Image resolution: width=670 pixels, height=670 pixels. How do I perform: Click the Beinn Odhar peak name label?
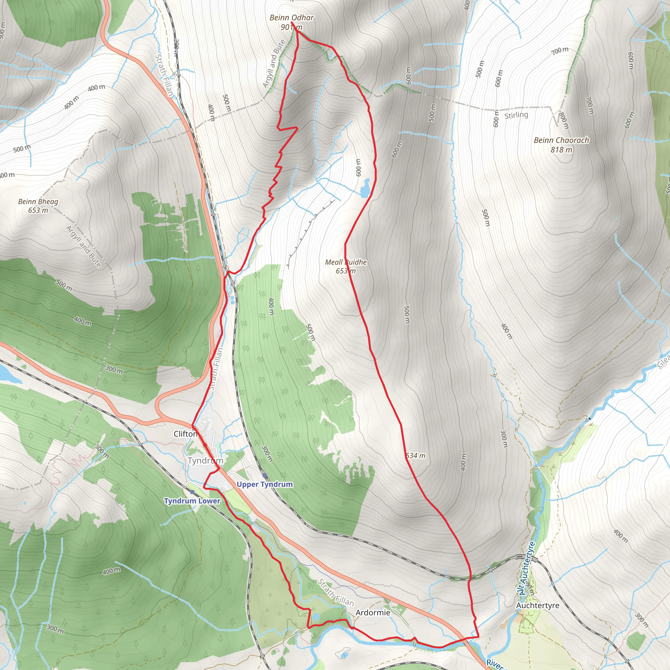[x=291, y=18]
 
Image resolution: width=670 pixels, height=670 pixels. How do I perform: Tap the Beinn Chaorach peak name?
[x=561, y=140]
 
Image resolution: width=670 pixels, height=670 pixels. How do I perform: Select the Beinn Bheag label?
[x=38, y=202]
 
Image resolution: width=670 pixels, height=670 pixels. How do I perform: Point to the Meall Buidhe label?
[x=345, y=262]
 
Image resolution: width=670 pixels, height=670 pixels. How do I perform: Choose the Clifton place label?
[x=185, y=434]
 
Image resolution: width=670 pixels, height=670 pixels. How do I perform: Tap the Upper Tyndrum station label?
[x=265, y=484]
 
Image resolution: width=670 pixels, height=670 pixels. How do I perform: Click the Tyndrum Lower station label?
[x=192, y=501]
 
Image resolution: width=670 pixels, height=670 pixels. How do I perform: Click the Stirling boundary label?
[x=516, y=115]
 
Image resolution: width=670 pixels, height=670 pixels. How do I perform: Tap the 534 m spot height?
[x=415, y=456]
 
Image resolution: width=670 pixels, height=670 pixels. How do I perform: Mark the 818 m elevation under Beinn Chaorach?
[x=561, y=150]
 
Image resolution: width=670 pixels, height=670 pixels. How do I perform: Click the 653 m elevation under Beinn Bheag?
[x=38, y=210]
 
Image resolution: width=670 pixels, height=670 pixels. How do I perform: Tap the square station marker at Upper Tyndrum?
[x=265, y=475]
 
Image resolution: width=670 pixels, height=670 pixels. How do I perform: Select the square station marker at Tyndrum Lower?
[x=192, y=492]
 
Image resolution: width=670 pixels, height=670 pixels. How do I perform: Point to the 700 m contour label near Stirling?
[x=560, y=51]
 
